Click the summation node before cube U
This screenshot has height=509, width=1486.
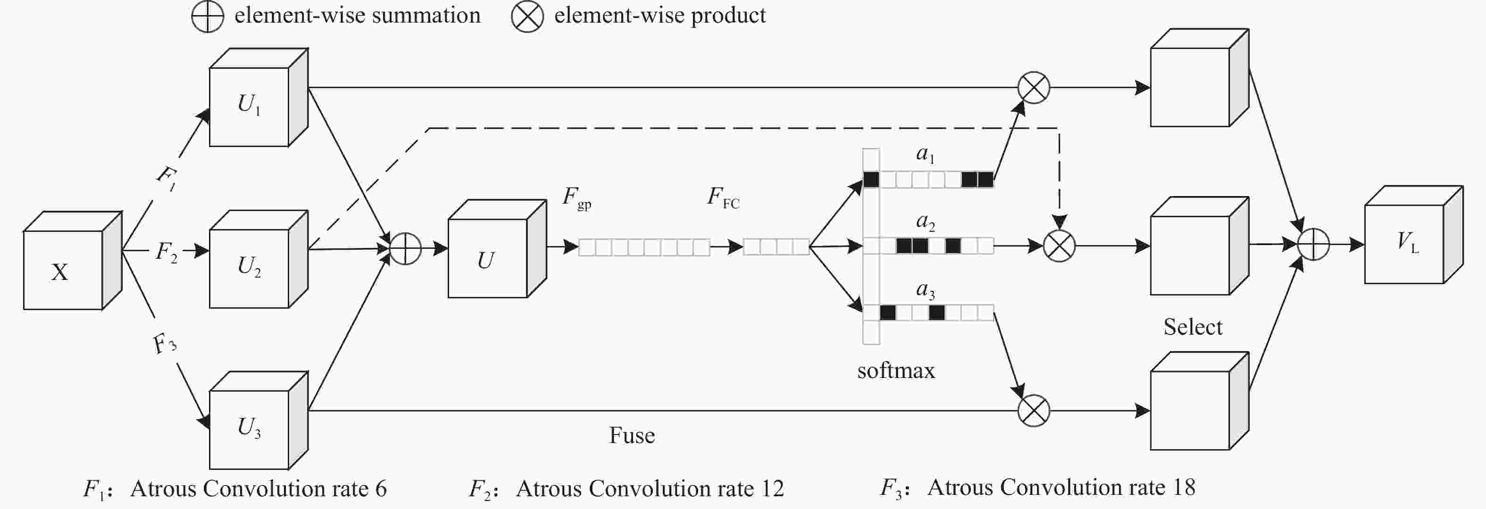click(x=406, y=249)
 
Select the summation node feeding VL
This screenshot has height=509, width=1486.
click(x=1313, y=245)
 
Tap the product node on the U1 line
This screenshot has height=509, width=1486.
click(x=1034, y=88)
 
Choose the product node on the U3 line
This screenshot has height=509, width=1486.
click(x=1034, y=410)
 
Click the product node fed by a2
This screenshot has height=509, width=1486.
click(x=1060, y=246)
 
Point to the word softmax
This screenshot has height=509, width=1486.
click(x=896, y=370)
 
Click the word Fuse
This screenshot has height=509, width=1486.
click(x=632, y=435)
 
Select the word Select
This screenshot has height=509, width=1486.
click(x=1193, y=327)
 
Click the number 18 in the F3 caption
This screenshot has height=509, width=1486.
click(x=1184, y=488)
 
